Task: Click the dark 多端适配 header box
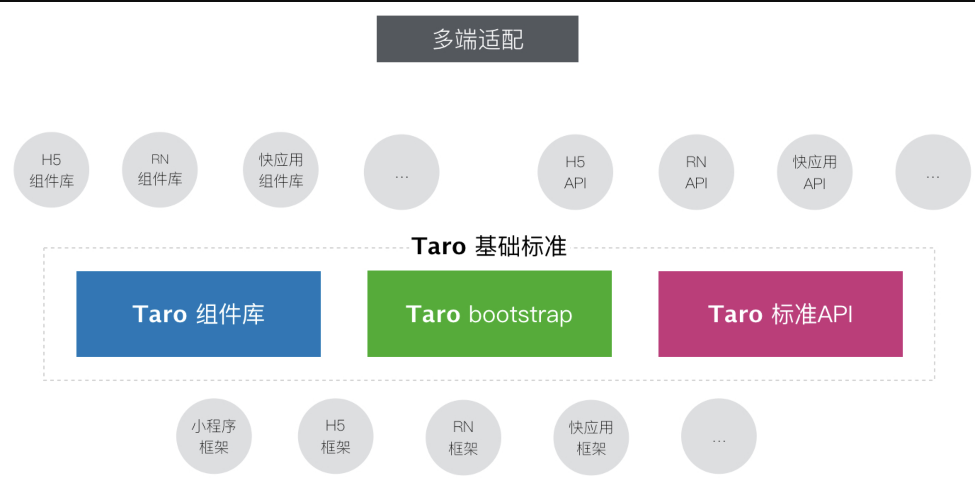point(477,39)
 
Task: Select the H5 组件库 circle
point(51,170)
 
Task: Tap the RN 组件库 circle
point(160,170)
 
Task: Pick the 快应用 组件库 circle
point(281,170)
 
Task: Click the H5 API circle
point(575,172)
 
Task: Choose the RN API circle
point(696,172)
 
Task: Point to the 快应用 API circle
point(815,172)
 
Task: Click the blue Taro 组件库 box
point(198,314)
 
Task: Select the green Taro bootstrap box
point(489,313)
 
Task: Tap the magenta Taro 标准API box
point(780,314)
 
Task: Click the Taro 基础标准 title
point(489,246)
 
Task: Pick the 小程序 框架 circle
point(214,436)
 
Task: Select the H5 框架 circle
point(336,436)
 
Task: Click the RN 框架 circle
point(463,438)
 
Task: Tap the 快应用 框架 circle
point(591,438)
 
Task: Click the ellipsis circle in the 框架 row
point(719,436)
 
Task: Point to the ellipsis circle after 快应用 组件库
point(401,172)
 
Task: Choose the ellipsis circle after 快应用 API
point(933,172)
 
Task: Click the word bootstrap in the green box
point(520,315)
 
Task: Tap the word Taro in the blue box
point(160,314)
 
